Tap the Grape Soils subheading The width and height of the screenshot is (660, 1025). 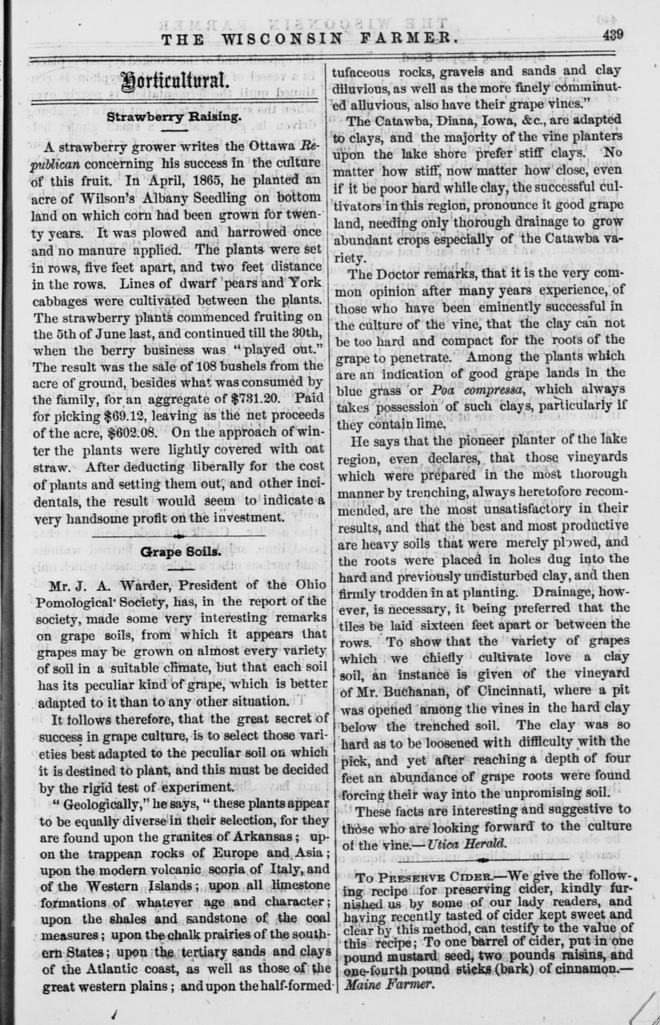177,554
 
